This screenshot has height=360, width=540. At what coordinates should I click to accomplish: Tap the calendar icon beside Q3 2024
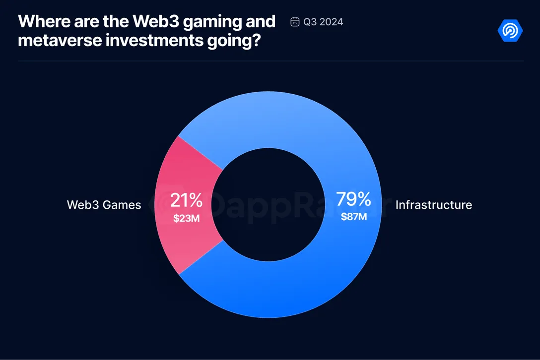(x=295, y=22)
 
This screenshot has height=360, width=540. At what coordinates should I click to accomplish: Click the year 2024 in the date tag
(x=332, y=22)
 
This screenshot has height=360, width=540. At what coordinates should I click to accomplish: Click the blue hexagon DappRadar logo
(x=510, y=31)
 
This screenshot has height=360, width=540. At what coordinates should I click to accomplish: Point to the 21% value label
(x=186, y=200)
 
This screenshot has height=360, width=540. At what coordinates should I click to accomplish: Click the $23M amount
(x=186, y=218)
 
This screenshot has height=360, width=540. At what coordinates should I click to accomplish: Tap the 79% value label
(x=353, y=199)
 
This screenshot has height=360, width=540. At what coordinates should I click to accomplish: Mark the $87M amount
(x=353, y=217)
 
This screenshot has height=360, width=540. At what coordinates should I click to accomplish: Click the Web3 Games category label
(x=104, y=205)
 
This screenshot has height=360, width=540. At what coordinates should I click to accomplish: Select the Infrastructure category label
(x=433, y=205)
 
